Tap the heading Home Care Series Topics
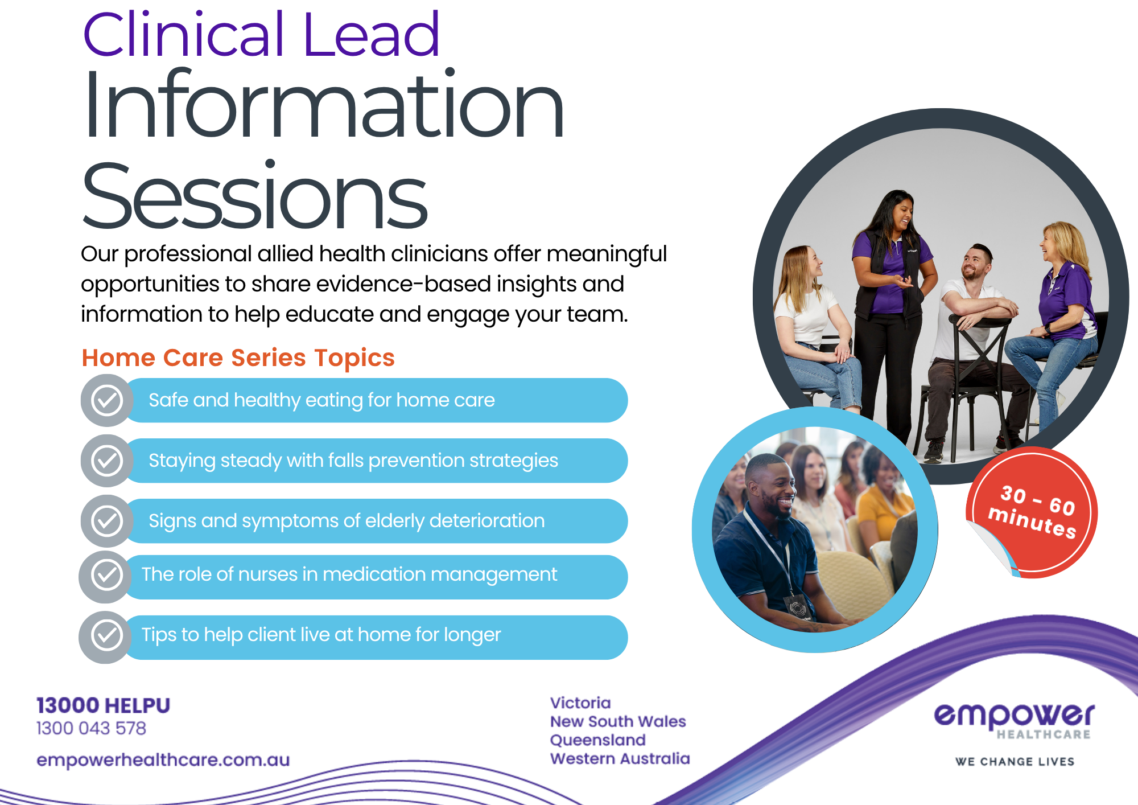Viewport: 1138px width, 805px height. click(238, 358)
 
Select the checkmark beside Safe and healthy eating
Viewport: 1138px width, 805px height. click(107, 400)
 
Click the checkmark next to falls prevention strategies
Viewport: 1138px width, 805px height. click(107, 461)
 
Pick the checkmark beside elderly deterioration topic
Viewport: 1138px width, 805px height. click(107, 521)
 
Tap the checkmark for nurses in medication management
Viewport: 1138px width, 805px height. click(106, 576)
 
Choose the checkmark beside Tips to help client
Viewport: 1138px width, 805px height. click(106, 636)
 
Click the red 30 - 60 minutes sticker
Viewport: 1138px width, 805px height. click(1032, 512)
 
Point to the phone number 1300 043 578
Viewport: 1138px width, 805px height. click(91, 728)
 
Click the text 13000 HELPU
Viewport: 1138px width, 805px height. click(103, 705)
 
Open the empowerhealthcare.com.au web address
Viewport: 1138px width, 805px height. click(163, 760)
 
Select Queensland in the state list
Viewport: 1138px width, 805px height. click(597, 740)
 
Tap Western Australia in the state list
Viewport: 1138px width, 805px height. click(620, 759)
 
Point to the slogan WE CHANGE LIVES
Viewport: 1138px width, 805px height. click(1015, 762)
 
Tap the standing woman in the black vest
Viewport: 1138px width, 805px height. click(889, 319)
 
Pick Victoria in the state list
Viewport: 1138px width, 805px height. click(580, 703)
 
